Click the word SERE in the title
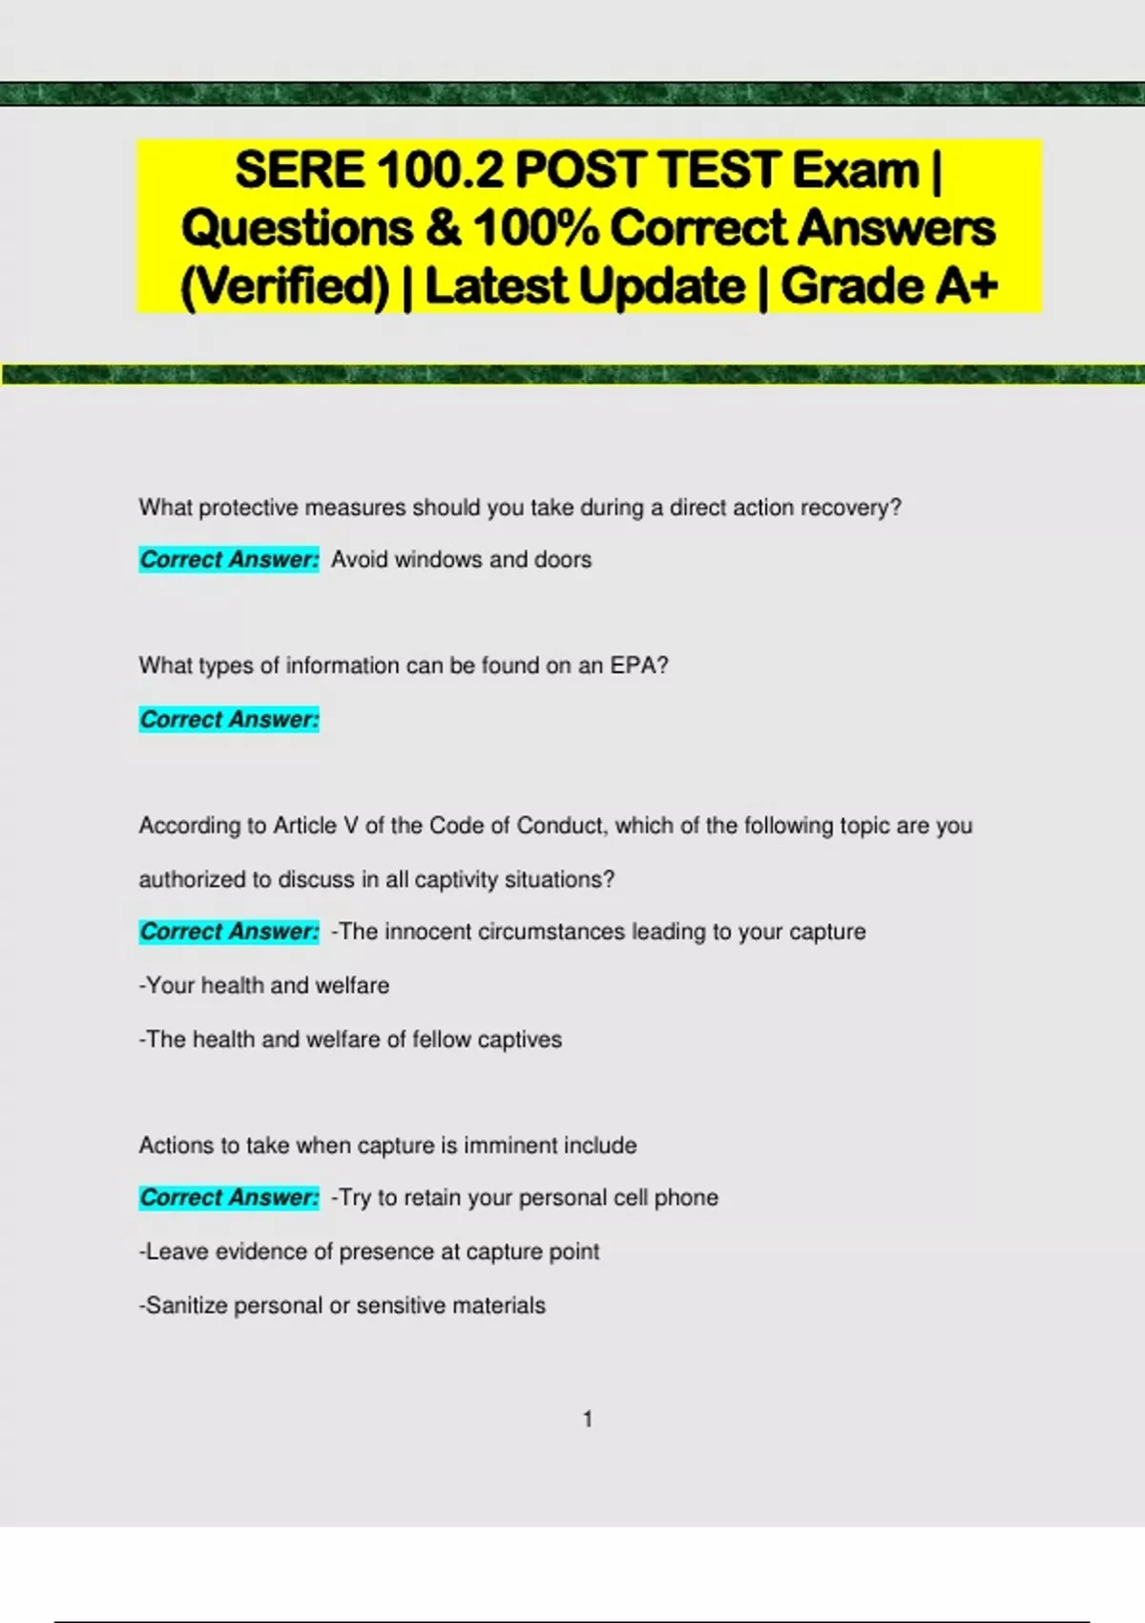pos(300,170)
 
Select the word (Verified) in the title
pos(285,286)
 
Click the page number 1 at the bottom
pos(588,1420)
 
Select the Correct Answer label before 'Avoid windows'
pos(229,559)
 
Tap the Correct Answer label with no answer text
pos(229,719)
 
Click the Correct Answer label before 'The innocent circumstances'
pos(229,932)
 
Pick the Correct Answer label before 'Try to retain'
pos(229,1197)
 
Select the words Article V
pos(315,825)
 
